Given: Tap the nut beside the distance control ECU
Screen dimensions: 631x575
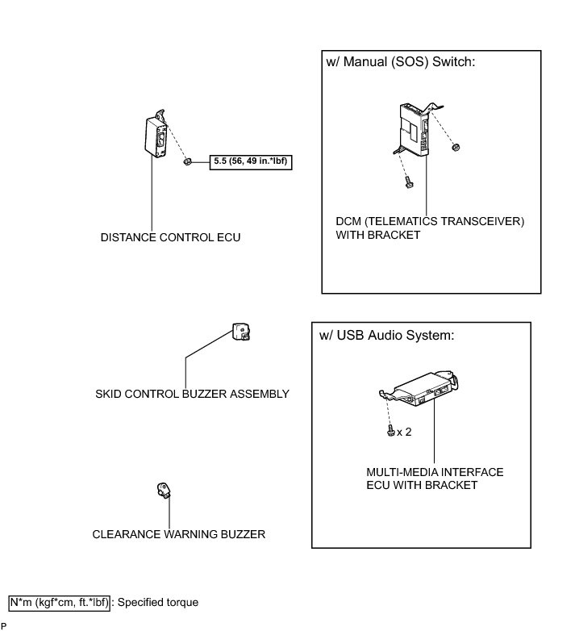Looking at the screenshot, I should [186, 161].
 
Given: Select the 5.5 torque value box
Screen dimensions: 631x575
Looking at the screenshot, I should [251, 161].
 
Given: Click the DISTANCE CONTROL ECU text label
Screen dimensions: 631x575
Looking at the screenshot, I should [170, 238].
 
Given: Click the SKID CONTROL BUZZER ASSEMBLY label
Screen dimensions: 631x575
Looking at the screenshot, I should [192, 394].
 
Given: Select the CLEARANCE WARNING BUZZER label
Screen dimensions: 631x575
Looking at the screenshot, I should [178, 534].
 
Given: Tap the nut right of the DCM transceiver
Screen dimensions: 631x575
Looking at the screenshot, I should [456, 148].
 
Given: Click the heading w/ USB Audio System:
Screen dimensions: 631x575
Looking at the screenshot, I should [387, 336].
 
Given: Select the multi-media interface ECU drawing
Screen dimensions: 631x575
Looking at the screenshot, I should [423, 387].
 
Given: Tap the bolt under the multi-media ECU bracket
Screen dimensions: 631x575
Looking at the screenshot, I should [390, 432].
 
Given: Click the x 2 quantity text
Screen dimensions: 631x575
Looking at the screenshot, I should [404, 432].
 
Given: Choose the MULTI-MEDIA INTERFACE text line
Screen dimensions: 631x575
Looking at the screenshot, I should [435, 471].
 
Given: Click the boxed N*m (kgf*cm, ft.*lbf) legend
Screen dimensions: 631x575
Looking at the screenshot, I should [58, 602].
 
